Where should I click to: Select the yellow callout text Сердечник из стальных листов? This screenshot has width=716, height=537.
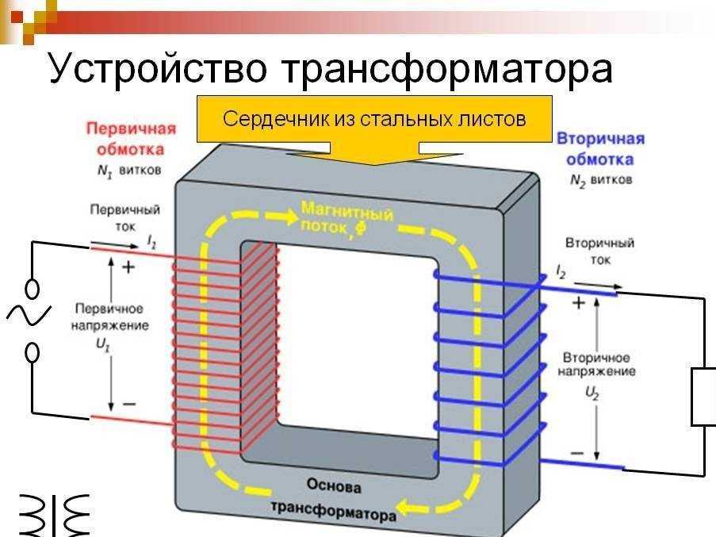pos(374,120)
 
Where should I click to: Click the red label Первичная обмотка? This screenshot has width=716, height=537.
pos(130,138)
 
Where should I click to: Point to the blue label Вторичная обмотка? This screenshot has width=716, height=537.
pos(599,148)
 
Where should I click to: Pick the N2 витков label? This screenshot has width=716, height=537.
pos(600,180)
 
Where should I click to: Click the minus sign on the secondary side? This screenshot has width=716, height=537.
pos(578,454)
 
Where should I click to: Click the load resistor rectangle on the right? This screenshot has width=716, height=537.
pos(704,397)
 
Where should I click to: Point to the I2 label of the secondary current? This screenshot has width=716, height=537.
pos(561,274)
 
